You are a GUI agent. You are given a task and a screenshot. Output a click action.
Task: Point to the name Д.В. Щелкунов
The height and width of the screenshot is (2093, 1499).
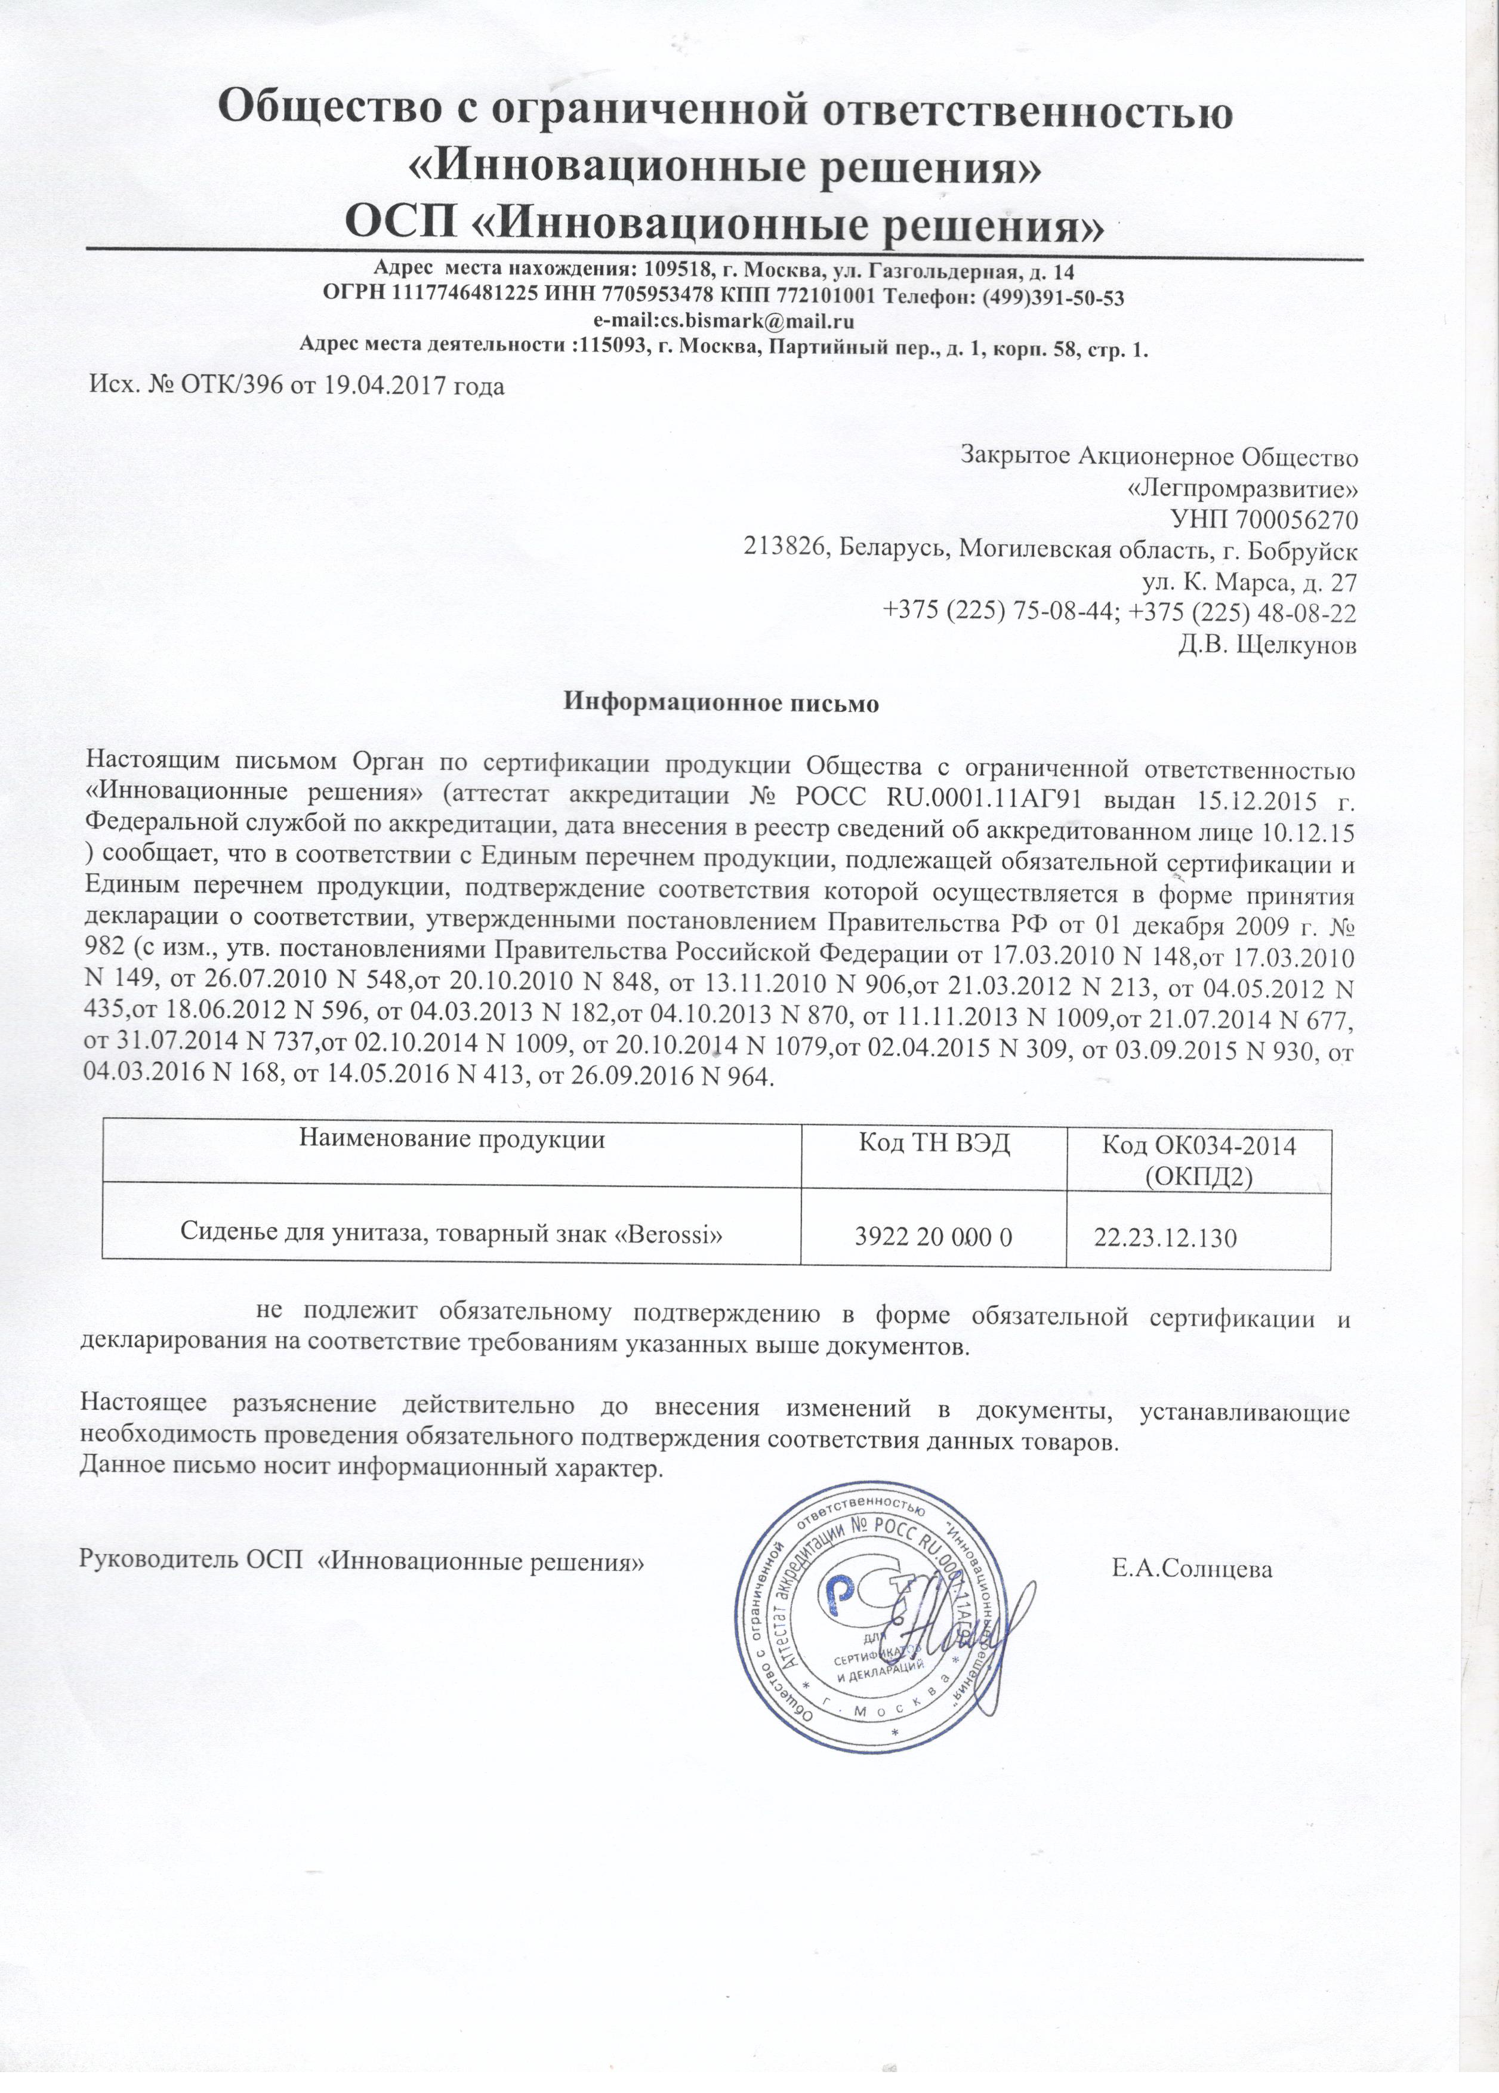[1266, 644]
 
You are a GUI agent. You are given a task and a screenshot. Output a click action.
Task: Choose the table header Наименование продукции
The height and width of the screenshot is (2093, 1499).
[451, 1139]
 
